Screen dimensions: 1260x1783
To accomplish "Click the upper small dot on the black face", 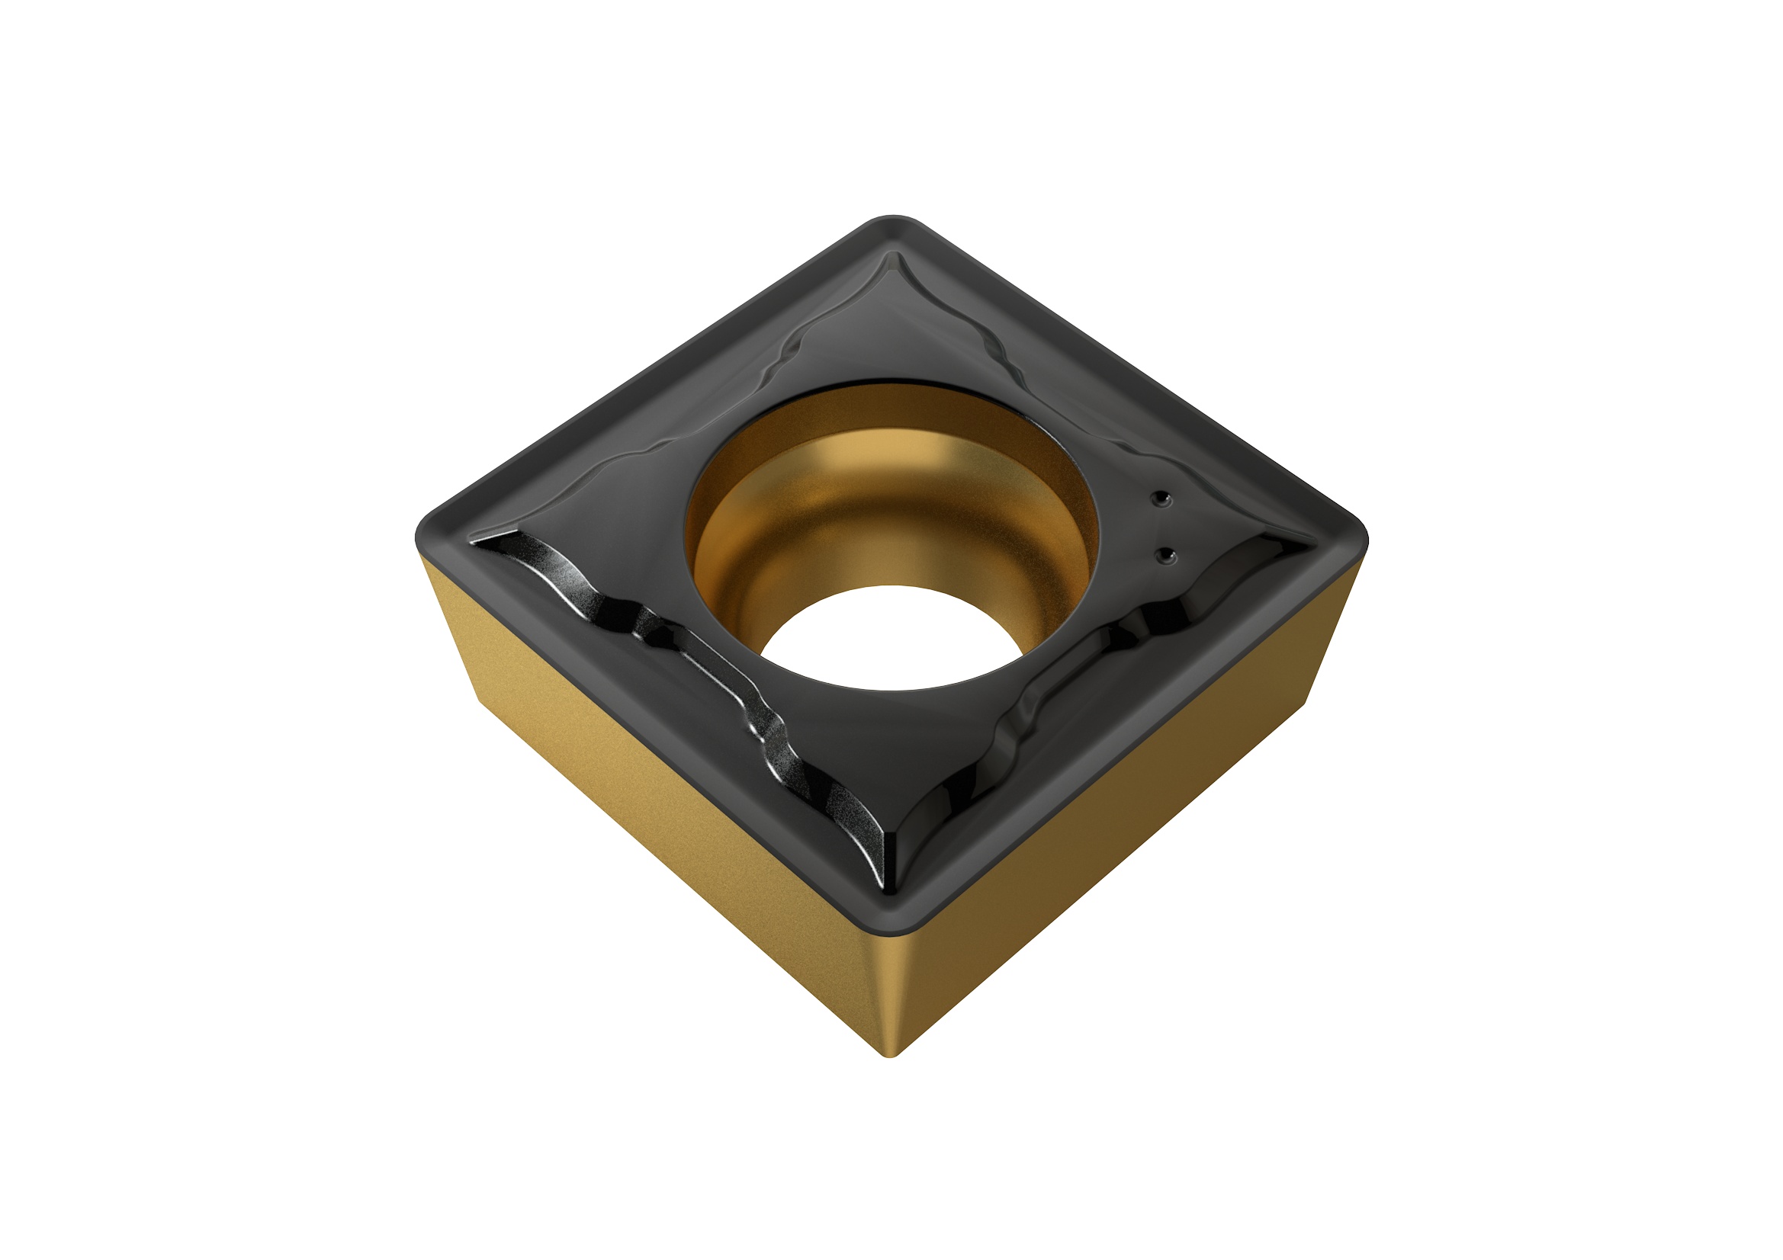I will click(x=1160, y=499).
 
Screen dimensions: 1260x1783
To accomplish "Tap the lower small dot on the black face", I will click(x=1165, y=555).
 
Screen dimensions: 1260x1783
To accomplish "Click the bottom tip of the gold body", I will click(x=892, y=1052).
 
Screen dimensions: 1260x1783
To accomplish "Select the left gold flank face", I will click(x=660, y=815).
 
